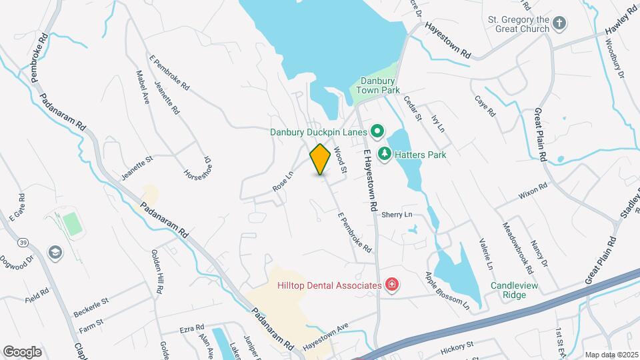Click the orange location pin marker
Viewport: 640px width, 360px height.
tap(321, 159)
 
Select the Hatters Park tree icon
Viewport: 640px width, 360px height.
tap(385, 155)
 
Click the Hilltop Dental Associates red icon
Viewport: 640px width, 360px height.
tap(392, 285)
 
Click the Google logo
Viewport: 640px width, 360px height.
tap(22, 351)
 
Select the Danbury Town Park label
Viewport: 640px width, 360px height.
tap(377, 84)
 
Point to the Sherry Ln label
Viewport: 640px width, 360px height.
tap(397, 214)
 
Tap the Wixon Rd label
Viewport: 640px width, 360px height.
tap(533, 191)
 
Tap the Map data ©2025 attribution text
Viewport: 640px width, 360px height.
tap(611, 355)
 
